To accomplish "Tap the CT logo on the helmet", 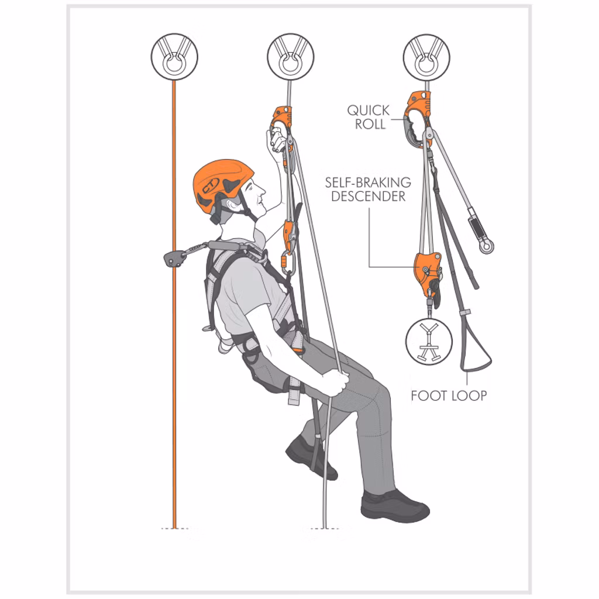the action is pos(211,185).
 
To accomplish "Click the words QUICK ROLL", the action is pos(369,117).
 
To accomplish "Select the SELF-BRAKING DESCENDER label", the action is pos(368,189).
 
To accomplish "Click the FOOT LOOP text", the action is pos(449,396).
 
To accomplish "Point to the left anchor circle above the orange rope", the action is pos(174,57).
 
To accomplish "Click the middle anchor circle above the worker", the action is pos(290,57).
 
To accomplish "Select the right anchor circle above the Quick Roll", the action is pos(426,57).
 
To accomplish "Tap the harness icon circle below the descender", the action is pos(429,342).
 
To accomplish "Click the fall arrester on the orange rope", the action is pos(173,259).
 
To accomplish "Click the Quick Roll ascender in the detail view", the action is pos(418,119).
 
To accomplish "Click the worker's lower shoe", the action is pos(395,507).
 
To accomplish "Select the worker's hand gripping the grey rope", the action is pos(336,384).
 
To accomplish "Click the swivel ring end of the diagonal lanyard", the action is pos(486,246).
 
